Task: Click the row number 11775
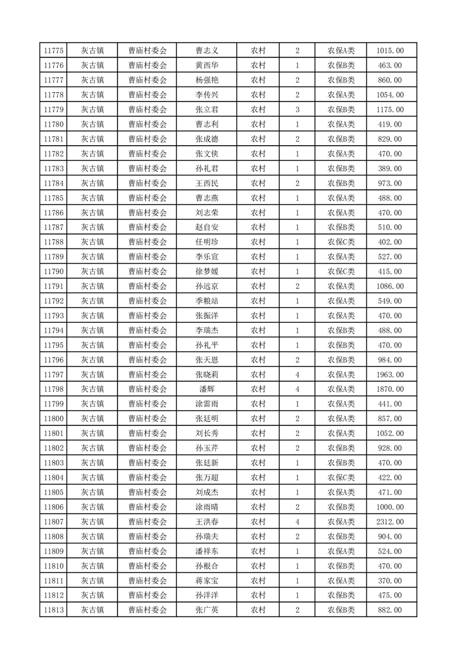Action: pyautogui.click(x=54, y=51)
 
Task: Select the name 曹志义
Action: pyautogui.click(x=207, y=51)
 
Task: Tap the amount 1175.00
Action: pyautogui.click(x=390, y=110)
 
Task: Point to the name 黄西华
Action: pyautogui.click(x=207, y=65)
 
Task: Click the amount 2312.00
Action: pyautogui.click(x=390, y=522)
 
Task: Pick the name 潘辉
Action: pyautogui.click(x=207, y=389)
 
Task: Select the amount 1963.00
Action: pyautogui.click(x=390, y=375)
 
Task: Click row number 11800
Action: pyautogui.click(x=54, y=419)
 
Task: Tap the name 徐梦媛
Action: pyautogui.click(x=207, y=271)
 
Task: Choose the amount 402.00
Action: pyautogui.click(x=390, y=242)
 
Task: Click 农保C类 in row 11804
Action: pyautogui.click(x=341, y=478)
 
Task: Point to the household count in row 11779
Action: pyautogui.click(x=297, y=110)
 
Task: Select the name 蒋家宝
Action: pyautogui.click(x=207, y=581)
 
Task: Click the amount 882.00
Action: pyautogui.click(x=390, y=610)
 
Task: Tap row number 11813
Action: pyautogui.click(x=54, y=610)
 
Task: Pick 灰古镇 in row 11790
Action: pyautogui.click(x=93, y=271)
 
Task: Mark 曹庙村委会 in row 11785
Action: pyautogui.click(x=148, y=198)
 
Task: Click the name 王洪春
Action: pyautogui.click(x=207, y=522)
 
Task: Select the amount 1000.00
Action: pyautogui.click(x=390, y=507)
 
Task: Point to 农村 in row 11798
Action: pyautogui.click(x=258, y=389)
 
